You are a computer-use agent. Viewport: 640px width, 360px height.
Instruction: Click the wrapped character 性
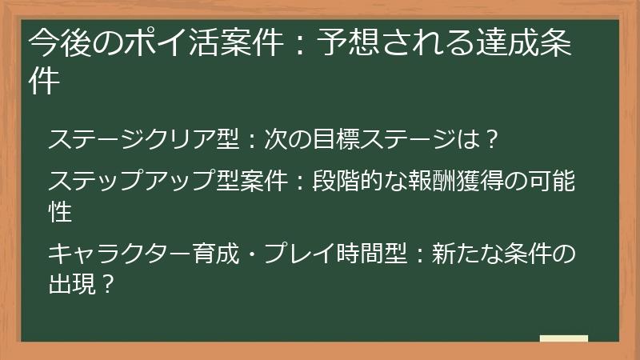[60, 212]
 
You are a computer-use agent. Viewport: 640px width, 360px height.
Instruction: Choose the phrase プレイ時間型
[336, 254]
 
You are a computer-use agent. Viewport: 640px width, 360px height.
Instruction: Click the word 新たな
[467, 254]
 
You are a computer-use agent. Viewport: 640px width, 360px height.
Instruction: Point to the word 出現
[71, 284]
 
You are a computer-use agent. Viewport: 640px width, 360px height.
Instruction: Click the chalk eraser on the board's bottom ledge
[564, 338]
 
